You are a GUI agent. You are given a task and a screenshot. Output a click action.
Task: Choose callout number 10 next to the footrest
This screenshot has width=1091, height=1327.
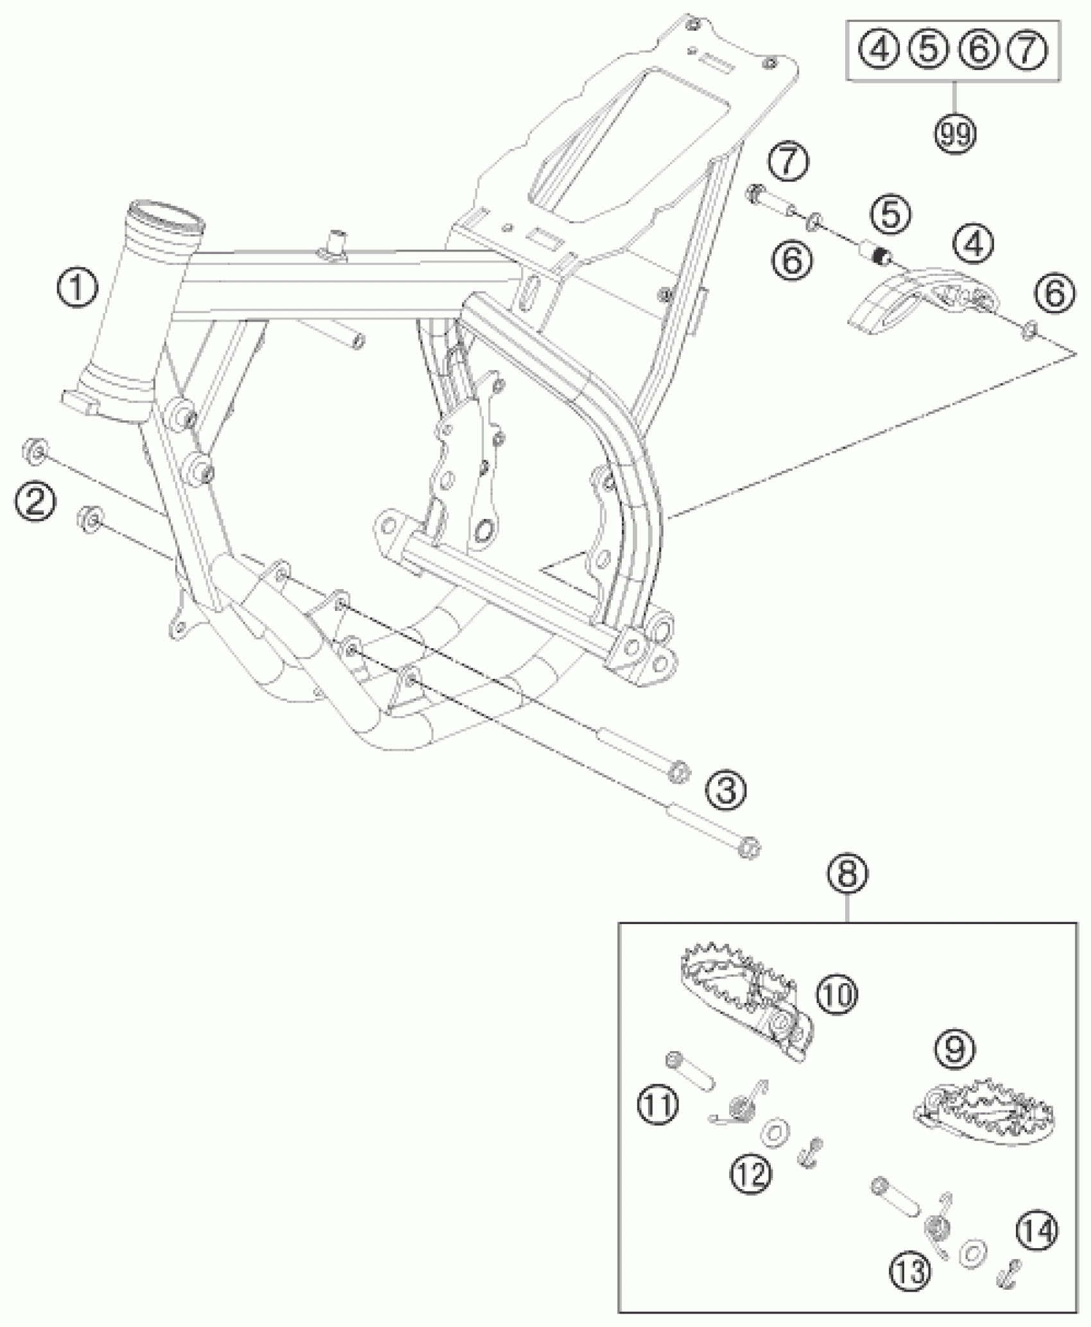[x=837, y=994]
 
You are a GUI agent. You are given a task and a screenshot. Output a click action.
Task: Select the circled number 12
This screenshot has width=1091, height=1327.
[x=750, y=1174]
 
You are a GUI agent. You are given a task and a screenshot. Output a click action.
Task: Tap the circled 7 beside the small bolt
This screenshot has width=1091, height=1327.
[x=789, y=163]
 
